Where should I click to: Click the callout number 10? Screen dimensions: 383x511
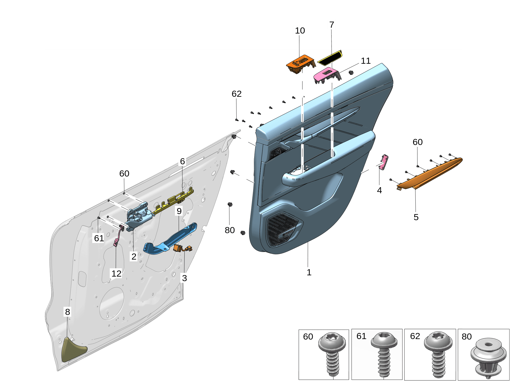[x=299, y=30]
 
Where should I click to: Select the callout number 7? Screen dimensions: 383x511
[x=331, y=25]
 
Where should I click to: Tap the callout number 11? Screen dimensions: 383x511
[x=366, y=61]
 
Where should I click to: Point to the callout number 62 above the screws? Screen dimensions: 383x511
[x=236, y=94]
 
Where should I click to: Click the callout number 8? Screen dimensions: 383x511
[x=67, y=312]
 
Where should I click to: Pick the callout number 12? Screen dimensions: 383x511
[x=116, y=274]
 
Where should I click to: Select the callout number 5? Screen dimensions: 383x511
[x=416, y=217]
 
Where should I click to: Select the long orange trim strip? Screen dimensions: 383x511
[x=430, y=174]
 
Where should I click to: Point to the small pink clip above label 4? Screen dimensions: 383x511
[x=384, y=162]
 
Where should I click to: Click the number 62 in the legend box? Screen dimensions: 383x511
[x=415, y=336]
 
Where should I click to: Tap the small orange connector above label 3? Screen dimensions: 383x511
[x=179, y=248]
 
